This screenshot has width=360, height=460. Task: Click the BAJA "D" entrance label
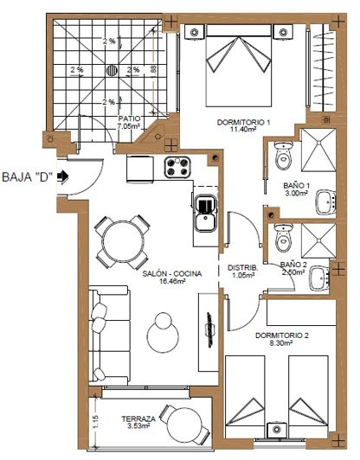[x=28, y=179]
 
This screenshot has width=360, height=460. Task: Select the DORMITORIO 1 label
[x=244, y=125]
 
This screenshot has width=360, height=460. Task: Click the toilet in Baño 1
[x=282, y=157]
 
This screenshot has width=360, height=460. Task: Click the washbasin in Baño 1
[x=325, y=203]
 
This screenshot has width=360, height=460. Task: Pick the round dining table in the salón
[x=114, y=240]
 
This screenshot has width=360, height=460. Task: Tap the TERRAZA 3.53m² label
[x=138, y=422]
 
